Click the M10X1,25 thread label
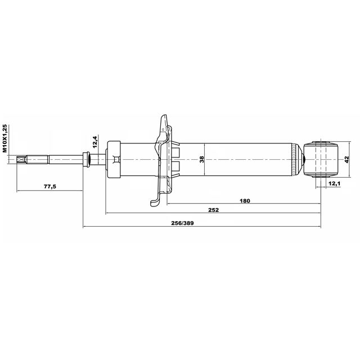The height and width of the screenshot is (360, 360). point(5,138)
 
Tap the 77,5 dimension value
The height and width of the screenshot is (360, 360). point(50,186)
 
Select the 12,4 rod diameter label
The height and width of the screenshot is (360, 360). point(96,141)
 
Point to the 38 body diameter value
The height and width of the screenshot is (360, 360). point(202,159)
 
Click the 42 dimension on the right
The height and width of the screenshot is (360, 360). point(346,159)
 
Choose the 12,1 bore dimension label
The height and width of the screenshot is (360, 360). point(335,183)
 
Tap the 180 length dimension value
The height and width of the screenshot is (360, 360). point(245,201)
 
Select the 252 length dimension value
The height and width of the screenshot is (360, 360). point(214,210)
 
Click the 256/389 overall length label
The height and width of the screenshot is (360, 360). point(182,223)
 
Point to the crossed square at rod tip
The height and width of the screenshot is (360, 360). point(20,160)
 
